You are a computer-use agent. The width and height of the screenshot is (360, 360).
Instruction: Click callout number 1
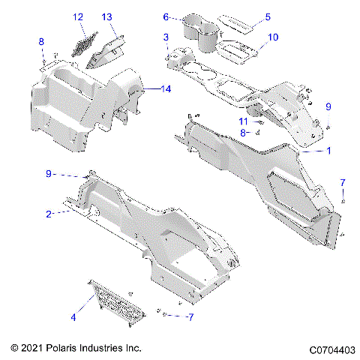(328, 151)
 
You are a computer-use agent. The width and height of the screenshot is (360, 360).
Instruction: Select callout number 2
(49, 214)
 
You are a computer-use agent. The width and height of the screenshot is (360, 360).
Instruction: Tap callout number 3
(166, 37)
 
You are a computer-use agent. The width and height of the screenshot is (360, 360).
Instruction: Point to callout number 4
(73, 317)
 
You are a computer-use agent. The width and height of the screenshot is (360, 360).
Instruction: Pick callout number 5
(268, 16)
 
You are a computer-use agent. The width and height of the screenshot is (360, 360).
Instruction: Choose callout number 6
(166, 16)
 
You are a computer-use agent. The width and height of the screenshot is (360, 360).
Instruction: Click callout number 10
(272, 37)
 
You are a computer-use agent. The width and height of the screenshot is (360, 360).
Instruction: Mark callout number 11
(243, 121)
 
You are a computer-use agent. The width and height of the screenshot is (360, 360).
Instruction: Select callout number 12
(78, 16)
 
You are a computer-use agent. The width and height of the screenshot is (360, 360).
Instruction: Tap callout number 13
(106, 16)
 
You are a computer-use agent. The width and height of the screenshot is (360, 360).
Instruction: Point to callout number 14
(166, 88)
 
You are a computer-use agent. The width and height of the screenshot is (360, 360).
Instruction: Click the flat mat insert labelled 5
(238, 25)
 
